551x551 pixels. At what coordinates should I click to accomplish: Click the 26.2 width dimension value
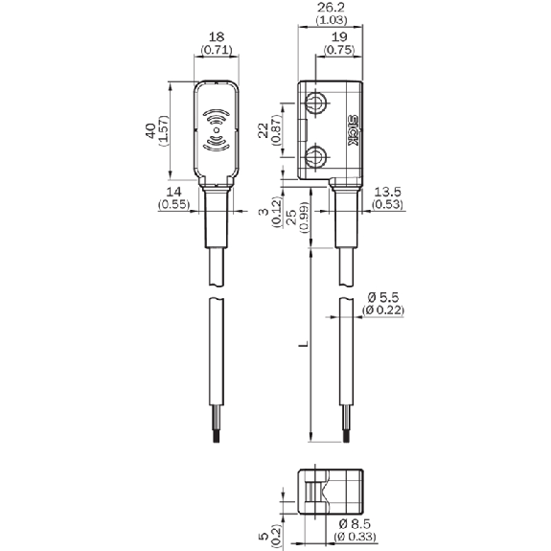(x=331, y=7)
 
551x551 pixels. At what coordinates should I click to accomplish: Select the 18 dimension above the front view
(x=217, y=36)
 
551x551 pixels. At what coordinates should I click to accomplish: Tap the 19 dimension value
(x=339, y=36)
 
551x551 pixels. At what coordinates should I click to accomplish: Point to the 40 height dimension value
(x=150, y=130)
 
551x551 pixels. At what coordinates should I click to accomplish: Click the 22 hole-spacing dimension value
(x=264, y=130)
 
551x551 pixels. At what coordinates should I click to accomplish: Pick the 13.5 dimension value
(x=387, y=192)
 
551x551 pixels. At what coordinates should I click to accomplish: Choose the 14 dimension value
(x=174, y=192)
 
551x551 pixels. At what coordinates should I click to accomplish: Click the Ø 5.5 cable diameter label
(x=383, y=298)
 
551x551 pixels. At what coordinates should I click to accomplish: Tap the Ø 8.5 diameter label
(x=355, y=524)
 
